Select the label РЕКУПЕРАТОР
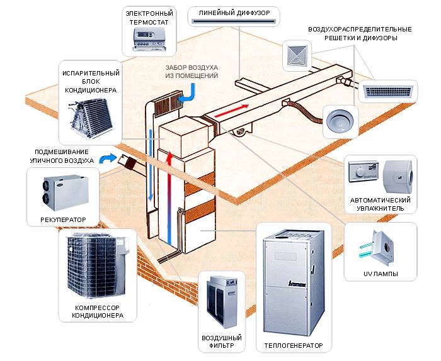(57, 220)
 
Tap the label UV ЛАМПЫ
(381, 274)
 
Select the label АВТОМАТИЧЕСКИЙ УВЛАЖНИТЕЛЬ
(381, 203)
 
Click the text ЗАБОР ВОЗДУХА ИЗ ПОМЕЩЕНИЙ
(191, 70)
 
